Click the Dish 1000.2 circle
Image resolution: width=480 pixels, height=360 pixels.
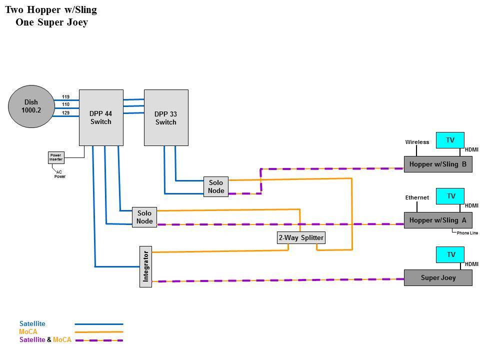(x=31, y=106)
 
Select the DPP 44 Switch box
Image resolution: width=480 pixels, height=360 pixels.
(x=101, y=117)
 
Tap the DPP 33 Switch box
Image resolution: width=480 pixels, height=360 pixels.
(x=166, y=117)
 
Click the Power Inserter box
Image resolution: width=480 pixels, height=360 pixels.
(x=56, y=157)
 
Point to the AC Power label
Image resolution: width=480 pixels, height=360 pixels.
(x=59, y=174)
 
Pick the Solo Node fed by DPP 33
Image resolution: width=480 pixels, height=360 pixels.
(x=216, y=186)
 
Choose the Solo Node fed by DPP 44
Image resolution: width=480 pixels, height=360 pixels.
(x=144, y=217)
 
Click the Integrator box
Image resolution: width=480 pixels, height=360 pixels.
(x=145, y=266)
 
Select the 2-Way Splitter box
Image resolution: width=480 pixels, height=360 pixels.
(x=301, y=237)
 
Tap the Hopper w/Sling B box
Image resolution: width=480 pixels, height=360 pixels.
(x=438, y=164)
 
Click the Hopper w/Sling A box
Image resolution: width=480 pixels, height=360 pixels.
(x=438, y=220)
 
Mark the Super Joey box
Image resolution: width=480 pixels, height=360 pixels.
(x=438, y=277)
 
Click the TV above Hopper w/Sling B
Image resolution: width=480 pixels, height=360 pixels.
(x=450, y=140)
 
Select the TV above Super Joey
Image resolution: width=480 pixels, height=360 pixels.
(x=450, y=254)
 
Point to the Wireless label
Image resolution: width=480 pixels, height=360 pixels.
(x=417, y=142)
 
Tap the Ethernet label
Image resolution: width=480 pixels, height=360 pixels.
(x=417, y=197)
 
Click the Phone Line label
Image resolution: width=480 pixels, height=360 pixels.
(x=467, y=233)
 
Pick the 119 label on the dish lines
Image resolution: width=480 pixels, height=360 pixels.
(x=65, y=96)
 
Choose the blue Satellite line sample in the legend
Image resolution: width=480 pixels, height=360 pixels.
(x=99, y=324)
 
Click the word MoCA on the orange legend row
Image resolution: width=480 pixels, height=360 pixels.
(x=28, y=331)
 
